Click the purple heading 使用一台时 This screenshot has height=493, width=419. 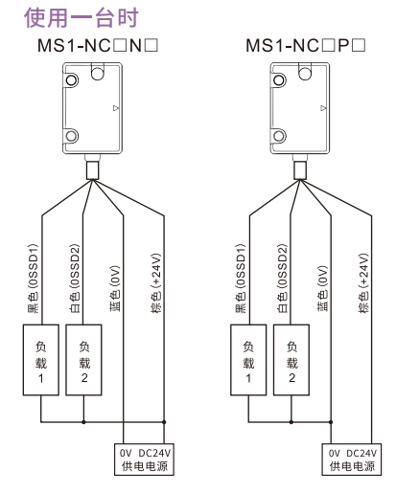81,18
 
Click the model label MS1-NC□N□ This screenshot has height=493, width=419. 98,46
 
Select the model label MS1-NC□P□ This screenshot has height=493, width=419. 306,46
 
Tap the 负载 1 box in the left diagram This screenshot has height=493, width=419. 41,360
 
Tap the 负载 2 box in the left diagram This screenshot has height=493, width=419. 83,360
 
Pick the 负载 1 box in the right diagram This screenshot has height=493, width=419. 248,360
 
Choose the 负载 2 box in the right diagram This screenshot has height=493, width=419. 291,360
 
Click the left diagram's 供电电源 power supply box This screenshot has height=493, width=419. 144,459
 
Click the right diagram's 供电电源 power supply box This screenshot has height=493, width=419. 352,459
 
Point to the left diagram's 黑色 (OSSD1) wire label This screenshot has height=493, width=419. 33,279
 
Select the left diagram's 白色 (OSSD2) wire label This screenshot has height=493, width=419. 75,279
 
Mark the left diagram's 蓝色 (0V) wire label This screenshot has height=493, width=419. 115,288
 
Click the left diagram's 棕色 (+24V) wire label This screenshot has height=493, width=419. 156,283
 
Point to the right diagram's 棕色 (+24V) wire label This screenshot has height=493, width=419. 363,283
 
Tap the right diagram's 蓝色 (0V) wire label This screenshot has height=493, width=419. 323,288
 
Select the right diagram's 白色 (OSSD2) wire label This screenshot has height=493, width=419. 282,279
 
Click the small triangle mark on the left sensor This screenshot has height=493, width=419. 116,108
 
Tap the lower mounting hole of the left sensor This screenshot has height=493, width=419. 72,136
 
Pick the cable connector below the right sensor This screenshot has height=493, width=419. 300,170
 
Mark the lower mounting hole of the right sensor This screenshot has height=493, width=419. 279,136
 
